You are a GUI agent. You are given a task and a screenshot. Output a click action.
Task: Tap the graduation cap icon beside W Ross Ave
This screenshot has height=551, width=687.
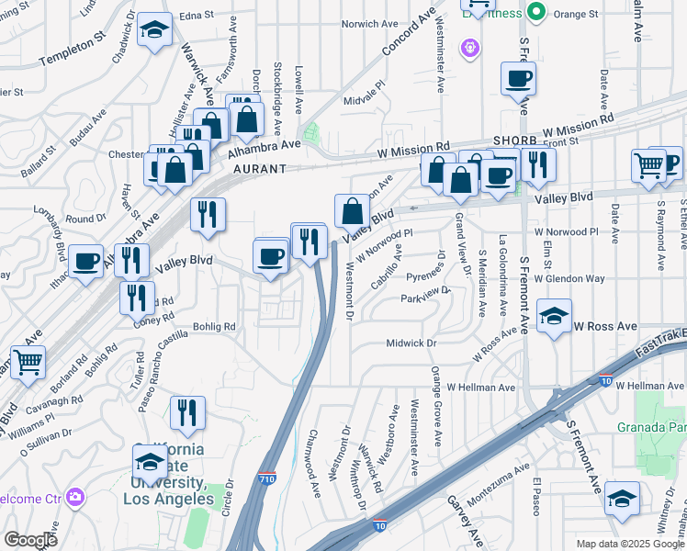tap(554, 317)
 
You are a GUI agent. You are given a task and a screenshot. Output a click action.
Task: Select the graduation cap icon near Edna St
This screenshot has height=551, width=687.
tap(154, 31)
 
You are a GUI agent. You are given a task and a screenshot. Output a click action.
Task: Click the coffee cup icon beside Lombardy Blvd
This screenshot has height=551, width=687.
tap(85, 262)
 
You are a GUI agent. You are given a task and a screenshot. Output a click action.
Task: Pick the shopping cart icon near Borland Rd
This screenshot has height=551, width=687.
tap(28, 363)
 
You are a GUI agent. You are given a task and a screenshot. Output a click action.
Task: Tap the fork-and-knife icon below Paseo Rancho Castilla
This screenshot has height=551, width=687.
tap(187, 413)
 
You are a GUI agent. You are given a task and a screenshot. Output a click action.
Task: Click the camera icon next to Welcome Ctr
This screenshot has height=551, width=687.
tap(74, 498)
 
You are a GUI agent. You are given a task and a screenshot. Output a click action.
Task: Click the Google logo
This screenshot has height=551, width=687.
tap(30, 539)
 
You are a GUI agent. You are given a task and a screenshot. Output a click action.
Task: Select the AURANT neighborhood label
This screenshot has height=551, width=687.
tap(259, 169)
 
